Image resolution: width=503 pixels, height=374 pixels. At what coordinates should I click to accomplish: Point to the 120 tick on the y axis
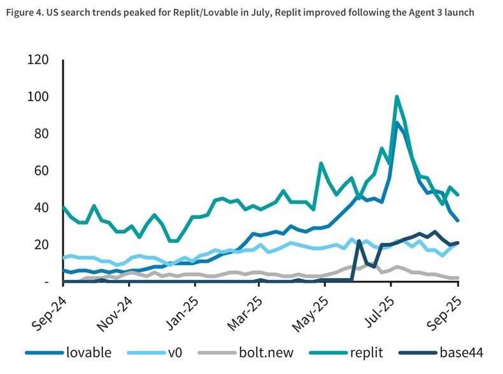[x=38, y=60]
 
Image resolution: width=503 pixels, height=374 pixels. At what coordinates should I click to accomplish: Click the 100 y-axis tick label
[x=38, y=97]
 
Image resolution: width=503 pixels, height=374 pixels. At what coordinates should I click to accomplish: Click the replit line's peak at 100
[x=397, y=97]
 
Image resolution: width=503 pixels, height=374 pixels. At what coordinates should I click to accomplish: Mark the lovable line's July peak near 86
[x=397, y=123]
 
